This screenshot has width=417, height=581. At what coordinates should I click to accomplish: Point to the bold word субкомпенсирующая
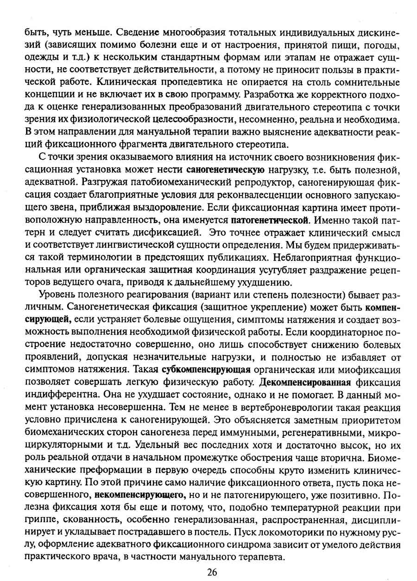[x=207, y=370]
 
